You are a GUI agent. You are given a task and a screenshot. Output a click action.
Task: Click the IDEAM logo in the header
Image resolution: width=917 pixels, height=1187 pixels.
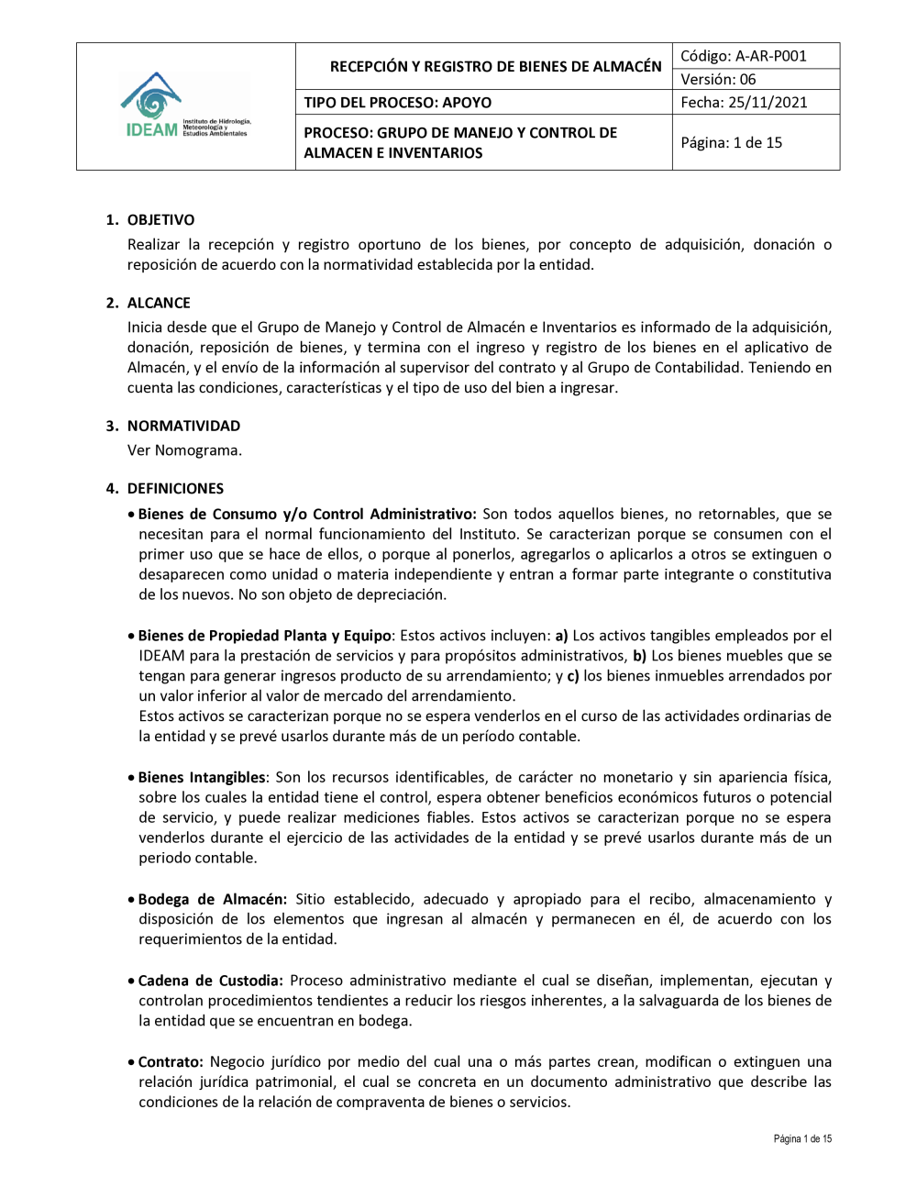coord(185,106)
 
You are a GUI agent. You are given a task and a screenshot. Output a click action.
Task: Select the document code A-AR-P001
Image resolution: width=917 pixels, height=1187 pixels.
coord(770,56)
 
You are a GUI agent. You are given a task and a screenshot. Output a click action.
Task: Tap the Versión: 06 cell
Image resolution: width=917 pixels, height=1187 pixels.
coord(718,80)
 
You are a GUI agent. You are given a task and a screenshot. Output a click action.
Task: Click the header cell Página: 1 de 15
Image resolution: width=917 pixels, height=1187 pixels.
coord(731,143)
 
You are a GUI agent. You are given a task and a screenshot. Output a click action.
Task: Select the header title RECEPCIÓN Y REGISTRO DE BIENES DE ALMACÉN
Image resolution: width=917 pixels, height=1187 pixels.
coord(495,66)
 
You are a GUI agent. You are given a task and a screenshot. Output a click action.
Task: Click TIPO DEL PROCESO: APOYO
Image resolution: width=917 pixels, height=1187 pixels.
coord(397,103)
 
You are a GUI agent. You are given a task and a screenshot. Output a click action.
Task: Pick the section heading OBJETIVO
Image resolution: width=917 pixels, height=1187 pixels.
coord(160,220)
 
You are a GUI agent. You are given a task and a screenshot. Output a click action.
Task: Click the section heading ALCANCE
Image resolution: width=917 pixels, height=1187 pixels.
coord(159,303)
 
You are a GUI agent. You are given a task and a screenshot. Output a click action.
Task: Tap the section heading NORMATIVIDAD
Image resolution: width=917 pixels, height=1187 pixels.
coord(183,426)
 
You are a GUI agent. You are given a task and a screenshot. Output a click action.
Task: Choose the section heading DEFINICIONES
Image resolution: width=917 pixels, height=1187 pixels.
coord(175,489)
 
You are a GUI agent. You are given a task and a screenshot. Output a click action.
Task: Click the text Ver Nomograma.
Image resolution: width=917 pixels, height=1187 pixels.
coord(184,450)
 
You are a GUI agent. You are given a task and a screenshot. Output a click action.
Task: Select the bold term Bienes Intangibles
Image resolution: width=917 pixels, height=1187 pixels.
coord(202,778)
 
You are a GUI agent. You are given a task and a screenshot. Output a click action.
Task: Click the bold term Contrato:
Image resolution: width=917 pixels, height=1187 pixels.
coord(171,1062)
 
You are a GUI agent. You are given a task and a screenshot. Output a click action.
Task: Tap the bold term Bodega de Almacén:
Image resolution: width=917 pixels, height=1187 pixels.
coord(213,899)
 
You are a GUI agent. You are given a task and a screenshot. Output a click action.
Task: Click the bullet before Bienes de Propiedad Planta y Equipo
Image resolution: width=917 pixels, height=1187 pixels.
coord(132,637)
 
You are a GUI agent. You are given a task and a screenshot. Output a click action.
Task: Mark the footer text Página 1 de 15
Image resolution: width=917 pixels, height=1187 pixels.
coord(802,1139)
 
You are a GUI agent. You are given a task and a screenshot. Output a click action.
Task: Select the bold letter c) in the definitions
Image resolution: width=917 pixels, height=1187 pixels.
coord(572,676)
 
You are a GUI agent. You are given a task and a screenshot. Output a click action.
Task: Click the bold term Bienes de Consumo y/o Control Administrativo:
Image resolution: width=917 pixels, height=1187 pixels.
coord(307,515)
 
